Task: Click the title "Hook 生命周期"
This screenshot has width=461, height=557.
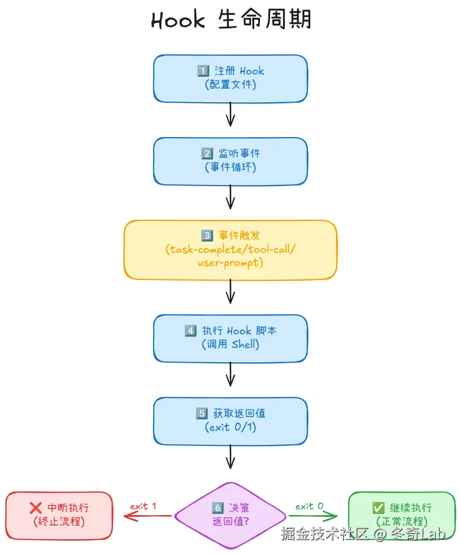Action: (230, 20)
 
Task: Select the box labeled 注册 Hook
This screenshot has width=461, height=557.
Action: (230, 78)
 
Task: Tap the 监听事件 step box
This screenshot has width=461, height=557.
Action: (230, 161)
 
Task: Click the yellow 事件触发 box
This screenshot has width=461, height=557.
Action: (230, 249)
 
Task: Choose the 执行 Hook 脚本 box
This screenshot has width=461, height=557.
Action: (230, 338)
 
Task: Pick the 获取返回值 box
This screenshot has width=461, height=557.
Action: (230, 421)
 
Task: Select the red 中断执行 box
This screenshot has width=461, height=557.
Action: (59, 515)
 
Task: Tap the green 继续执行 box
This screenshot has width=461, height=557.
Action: (402, 515)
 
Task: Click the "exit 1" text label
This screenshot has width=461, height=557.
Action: (144, 506)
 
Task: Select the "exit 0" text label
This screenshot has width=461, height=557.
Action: (310, 506)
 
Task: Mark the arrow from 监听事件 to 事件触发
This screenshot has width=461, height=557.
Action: (230, 197)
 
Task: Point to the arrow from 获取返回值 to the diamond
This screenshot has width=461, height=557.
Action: (230, 456)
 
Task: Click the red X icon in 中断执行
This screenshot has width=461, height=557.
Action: (35, 508)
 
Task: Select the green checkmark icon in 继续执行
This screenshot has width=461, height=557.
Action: (378, 508)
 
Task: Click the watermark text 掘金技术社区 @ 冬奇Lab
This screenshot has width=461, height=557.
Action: (363, 535)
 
